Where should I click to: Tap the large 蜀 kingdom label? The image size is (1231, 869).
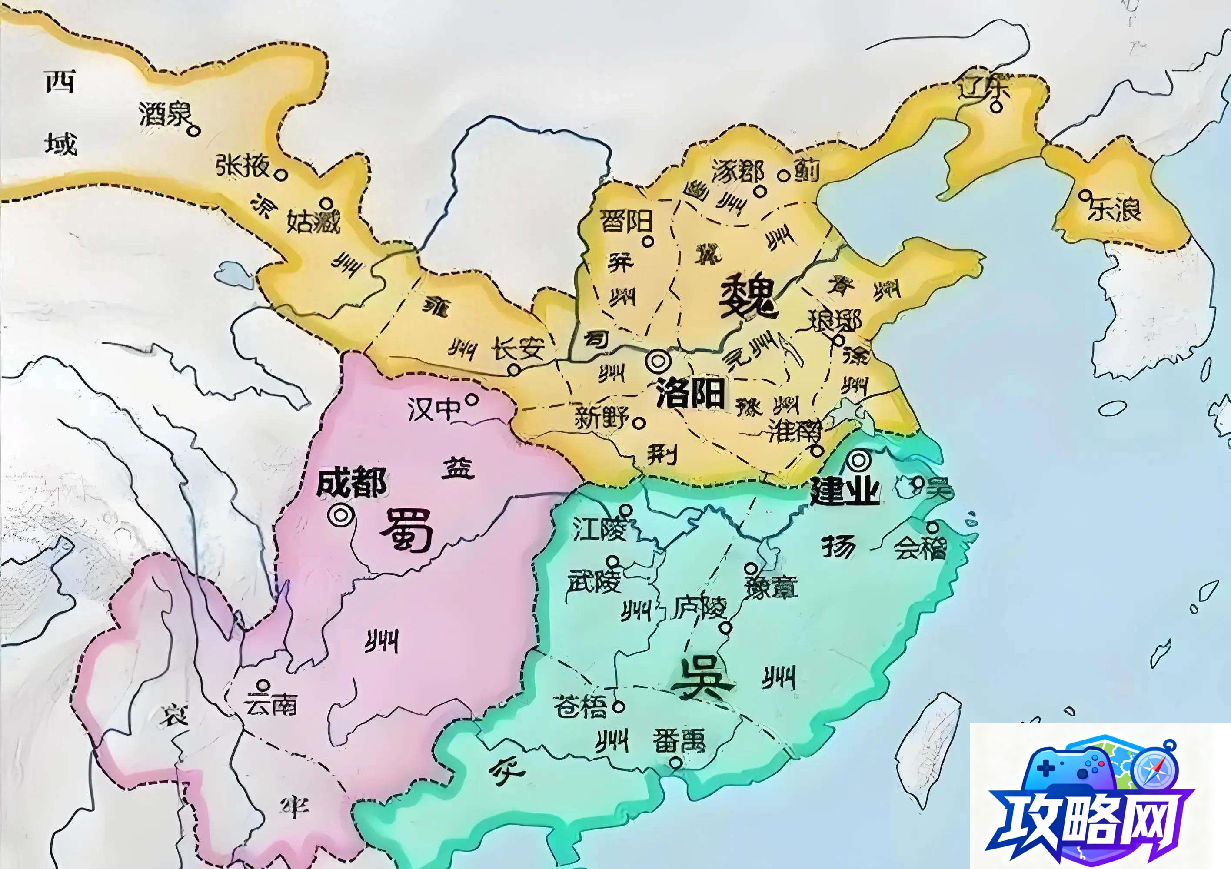pyautogui.click(x=406, y=530)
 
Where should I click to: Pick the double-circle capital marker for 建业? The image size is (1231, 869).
pyautogui.click(x=858, y=459)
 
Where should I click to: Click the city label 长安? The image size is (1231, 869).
pyautogui.click(x=519, y=349)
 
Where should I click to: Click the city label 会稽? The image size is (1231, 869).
pyautogui.click(x=920, y=547)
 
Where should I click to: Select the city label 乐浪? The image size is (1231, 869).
pyautogui.click(x=1114, y=209)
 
